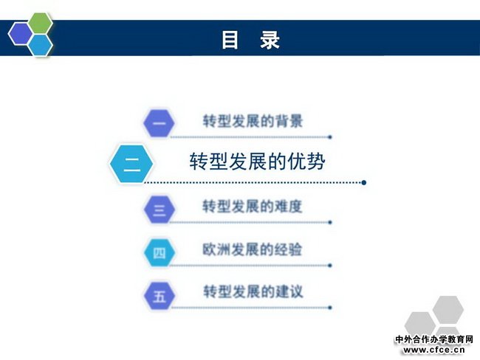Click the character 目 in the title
pos(230,40)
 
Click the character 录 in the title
pos(270,40)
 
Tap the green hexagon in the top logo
pos(41,23)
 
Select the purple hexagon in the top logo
pos(21,34)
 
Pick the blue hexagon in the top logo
pos(41,45)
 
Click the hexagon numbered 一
pos(159,123)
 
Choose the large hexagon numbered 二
pos(131,164)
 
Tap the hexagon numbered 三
pos(160,210)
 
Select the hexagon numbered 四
pos(160,252)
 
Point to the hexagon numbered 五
pos(160,296)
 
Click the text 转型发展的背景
pos(253,121)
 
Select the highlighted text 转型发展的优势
pos(257,162)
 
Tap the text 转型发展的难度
pos(253,206)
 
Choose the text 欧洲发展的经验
pos(253,249)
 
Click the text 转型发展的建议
pos(253,291)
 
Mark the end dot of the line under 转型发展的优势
pos(363,183)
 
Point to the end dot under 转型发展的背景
pos(330,137)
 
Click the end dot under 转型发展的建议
pos(330,308)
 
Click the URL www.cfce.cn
pos(434,350)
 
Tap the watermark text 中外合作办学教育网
pos(434,339)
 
